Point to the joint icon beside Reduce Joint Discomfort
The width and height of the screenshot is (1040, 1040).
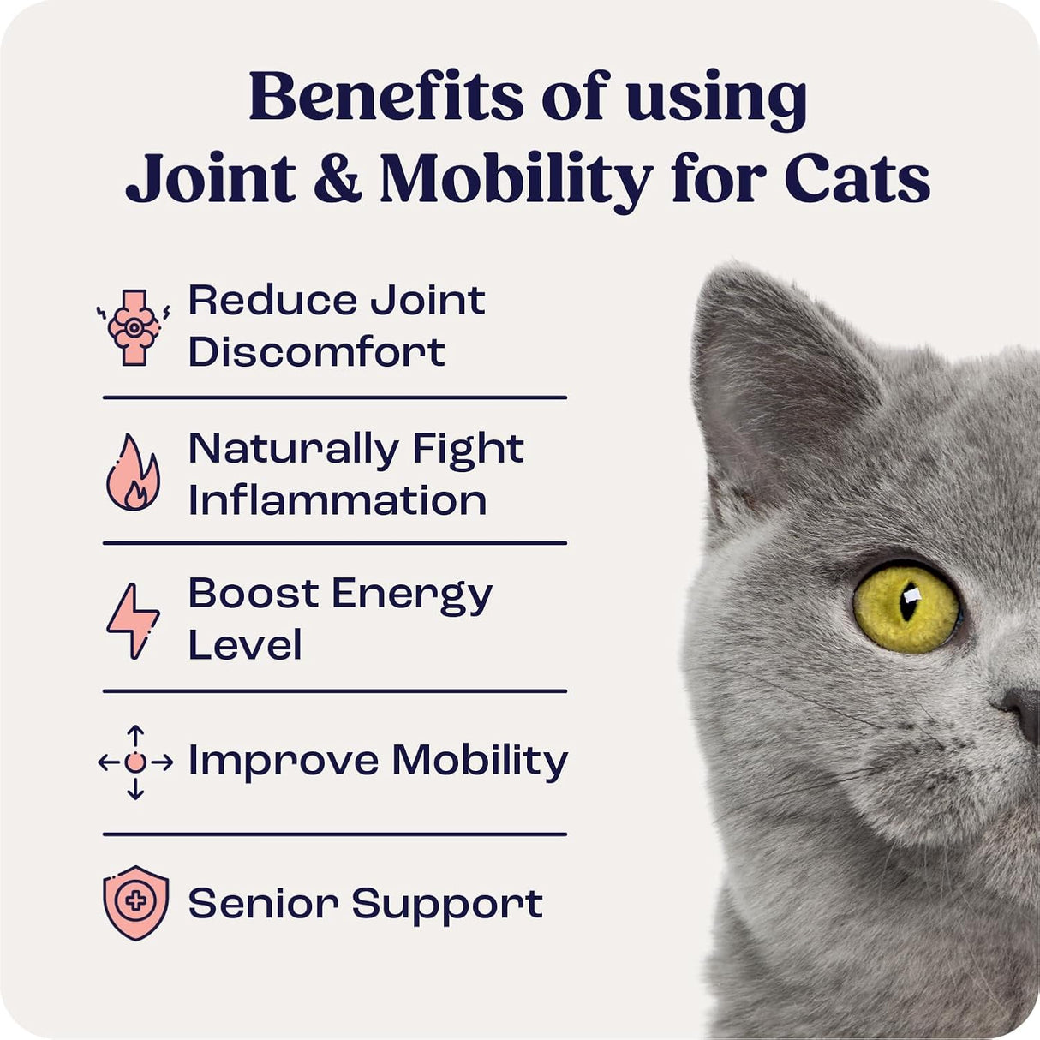[134, 328]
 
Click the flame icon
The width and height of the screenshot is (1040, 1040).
[133, 473]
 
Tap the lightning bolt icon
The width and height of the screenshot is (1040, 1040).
[133, 620]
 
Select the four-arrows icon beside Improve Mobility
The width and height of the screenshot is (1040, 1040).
[134, 762]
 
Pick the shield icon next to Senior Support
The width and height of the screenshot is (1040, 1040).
[135, 903]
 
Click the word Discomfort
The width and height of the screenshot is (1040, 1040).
[316, 352]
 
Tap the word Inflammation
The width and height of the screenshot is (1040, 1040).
[337, 500]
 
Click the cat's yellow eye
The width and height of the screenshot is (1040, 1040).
[906, 607]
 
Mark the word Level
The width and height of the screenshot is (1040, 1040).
[244, 645]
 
